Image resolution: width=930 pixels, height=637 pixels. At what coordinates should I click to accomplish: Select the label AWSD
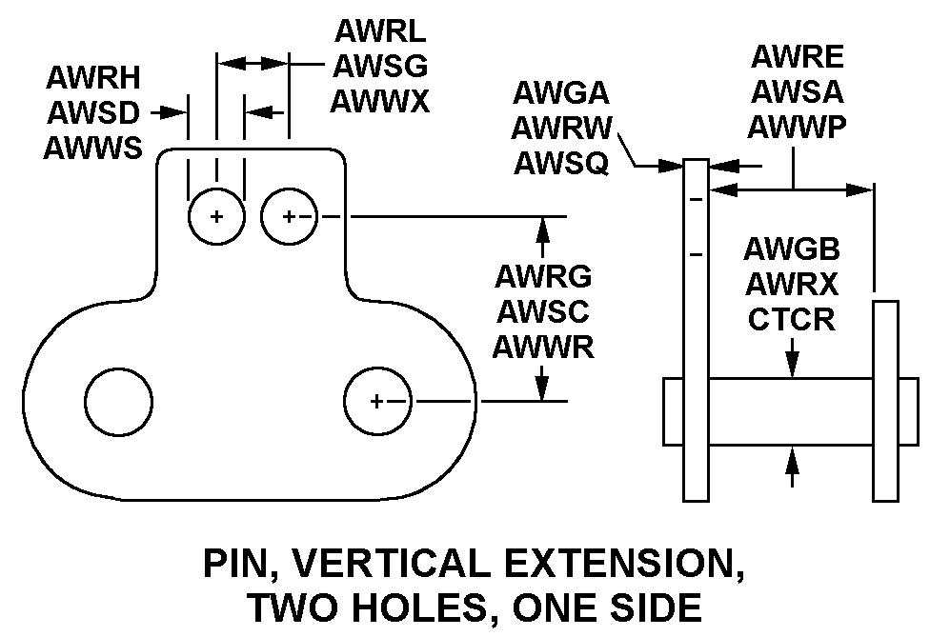coord(92,114)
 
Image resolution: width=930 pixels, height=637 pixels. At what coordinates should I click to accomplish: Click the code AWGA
coord(561,94)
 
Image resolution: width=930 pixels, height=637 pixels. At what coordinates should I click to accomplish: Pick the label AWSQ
coord(561,163)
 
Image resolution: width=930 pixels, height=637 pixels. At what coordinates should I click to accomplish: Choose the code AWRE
coord(797,57)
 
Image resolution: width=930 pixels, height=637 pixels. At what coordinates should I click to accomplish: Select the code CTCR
coord(791,320)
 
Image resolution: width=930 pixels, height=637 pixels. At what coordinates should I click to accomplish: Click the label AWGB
coord(791,251)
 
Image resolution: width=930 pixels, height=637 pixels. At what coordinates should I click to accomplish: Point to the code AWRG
coord(543,276)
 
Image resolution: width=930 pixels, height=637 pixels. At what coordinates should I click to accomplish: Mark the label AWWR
coord(543,347)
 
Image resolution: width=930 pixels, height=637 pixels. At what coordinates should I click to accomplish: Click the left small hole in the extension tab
coord(216,216)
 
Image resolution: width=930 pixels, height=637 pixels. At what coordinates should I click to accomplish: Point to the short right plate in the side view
coord(885,400)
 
